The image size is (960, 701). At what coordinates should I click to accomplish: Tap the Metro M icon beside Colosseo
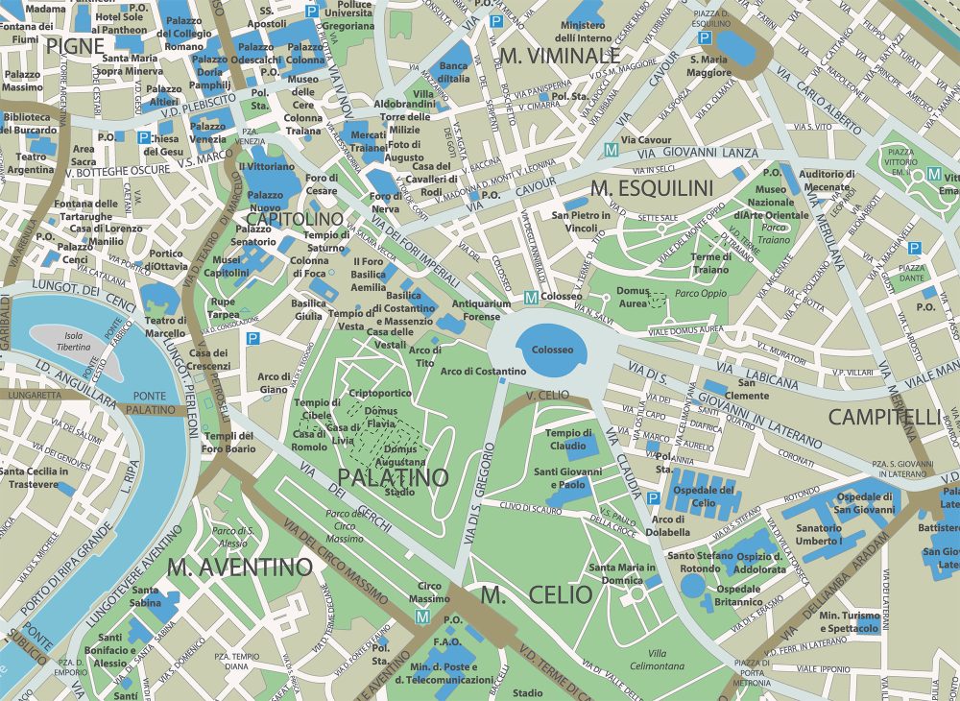pos(530,299)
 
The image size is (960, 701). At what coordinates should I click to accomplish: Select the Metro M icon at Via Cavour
pos(611,150)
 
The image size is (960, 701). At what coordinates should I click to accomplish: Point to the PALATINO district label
pos(392,477)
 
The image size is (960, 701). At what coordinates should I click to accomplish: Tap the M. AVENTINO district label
pos(239,567)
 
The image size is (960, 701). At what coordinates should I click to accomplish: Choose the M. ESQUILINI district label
pos(652,186)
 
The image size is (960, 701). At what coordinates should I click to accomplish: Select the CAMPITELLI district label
pos(884,417)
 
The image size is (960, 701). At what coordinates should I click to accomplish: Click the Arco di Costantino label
pos(483,372)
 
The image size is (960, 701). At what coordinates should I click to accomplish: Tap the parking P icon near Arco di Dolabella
pos(653,498)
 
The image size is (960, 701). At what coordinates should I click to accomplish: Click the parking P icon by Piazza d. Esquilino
pos(705,38)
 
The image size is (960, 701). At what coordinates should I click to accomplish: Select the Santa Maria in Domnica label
pos(622,573)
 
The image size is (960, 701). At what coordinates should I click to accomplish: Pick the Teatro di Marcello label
pos(165,326)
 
